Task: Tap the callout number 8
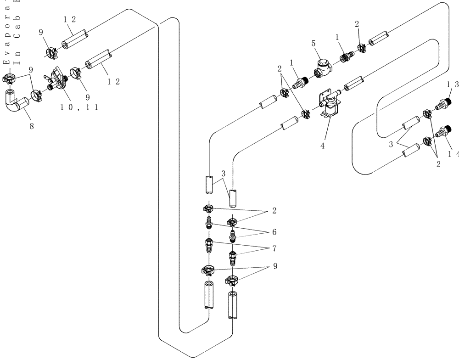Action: tap(32, 126)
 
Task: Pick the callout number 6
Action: tap(274, 232)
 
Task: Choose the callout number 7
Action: tap(274, 248)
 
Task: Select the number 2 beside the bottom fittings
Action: tap(274, 211)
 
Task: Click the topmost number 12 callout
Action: tap(70, 19)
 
